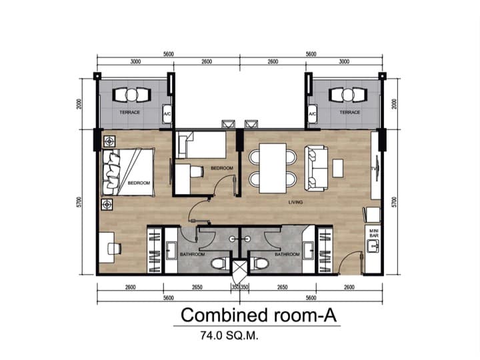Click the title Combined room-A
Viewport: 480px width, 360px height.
coord(257,314)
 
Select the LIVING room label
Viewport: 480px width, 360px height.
coord(296,202)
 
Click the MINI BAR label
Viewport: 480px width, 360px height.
coord(373,233)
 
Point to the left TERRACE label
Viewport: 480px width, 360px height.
coord(130,112)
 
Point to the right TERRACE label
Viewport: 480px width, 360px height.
coord(349,112)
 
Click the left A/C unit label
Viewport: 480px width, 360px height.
coord(167,114)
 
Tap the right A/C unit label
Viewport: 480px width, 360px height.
coord(312,114)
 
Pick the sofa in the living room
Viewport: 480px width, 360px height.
coord(317,167)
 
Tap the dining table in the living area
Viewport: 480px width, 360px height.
coord(272,167)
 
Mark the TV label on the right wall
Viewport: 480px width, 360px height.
coord(374,169)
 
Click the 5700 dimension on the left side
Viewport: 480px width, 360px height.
coord(79,202)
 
